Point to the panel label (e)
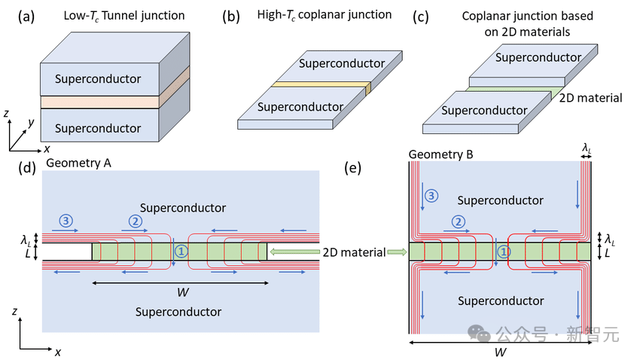351,168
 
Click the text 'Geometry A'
76,162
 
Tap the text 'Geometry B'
440,154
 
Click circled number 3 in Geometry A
67,221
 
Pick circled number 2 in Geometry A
136,221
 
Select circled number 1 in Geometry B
504,252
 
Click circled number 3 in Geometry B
431,196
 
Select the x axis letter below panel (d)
58,352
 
